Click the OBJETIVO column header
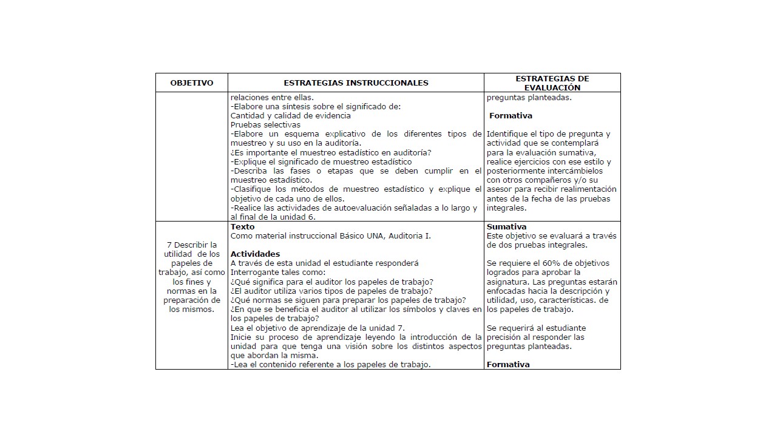tap(192, 83)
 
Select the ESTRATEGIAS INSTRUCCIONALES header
tap(356, 83)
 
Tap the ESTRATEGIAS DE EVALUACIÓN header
tap(552, 83)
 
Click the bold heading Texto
tap(243, 227)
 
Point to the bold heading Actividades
tap(255, 254)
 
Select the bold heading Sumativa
tap(506, 227)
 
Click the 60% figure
tap(551, 263)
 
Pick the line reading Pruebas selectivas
tap(265, 125)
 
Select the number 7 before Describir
tap(168, 245)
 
